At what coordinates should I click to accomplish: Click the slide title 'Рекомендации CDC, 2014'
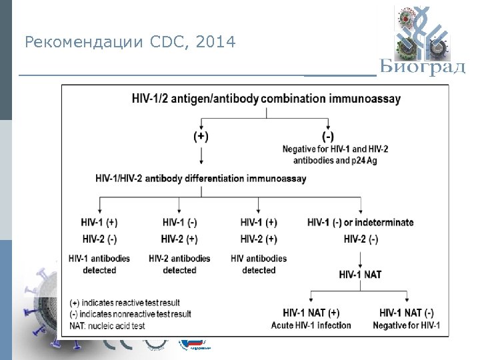130,43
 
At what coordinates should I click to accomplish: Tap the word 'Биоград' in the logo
423,68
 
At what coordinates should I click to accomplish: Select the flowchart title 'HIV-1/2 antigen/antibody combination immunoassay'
266,99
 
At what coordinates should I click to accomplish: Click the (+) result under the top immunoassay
201,136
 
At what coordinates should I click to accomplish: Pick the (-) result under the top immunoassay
327,136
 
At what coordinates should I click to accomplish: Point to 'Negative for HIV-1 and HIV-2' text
335,149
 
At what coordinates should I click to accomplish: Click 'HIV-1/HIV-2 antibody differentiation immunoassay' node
201,178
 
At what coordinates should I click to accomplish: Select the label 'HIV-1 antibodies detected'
99,264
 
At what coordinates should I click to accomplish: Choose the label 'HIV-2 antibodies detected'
179,264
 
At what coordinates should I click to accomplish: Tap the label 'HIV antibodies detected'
259,264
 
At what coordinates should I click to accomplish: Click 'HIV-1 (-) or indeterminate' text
360,222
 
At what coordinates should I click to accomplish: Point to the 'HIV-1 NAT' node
360,274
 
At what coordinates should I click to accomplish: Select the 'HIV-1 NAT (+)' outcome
311,312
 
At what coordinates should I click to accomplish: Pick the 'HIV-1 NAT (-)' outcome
407,312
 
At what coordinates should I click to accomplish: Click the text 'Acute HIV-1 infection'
311,325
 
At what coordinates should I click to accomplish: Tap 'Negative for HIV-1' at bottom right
407,325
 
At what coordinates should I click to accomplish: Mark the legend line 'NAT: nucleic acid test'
107,325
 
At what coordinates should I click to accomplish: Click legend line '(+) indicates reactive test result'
125,303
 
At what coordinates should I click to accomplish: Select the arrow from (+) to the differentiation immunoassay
201,157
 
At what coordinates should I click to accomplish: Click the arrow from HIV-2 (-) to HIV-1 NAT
360,257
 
